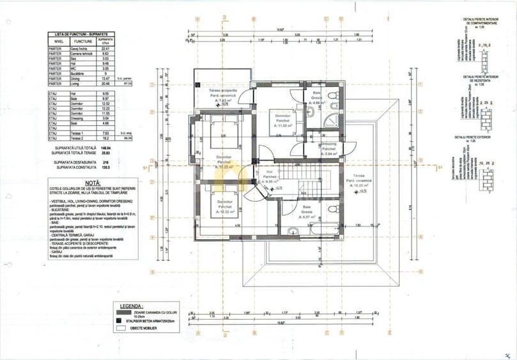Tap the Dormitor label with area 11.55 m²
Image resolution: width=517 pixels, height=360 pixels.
pos(282,121)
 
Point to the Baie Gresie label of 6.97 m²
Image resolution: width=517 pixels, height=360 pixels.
pos(307,212)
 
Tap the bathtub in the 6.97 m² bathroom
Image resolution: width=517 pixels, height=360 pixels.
pos(323,231)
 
